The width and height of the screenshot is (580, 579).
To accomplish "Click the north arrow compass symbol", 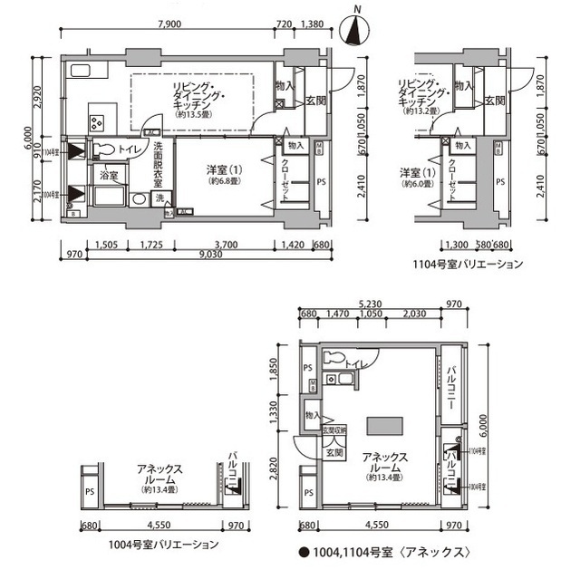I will coord(356,29).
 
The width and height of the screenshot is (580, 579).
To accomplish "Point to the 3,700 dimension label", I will coord(226,244).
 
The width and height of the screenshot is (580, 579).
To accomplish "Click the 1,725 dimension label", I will coord(151,244).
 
